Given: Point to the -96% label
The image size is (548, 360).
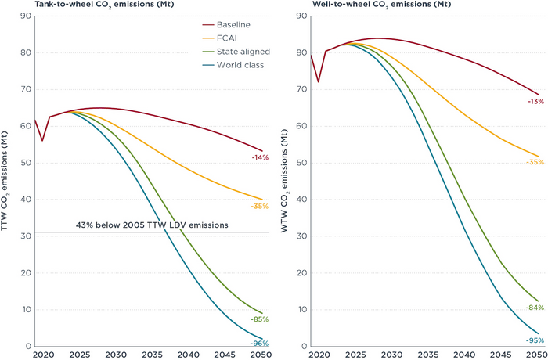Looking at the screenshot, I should tap(259, 344).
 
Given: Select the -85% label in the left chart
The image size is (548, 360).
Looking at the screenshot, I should tap(259, 319).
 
